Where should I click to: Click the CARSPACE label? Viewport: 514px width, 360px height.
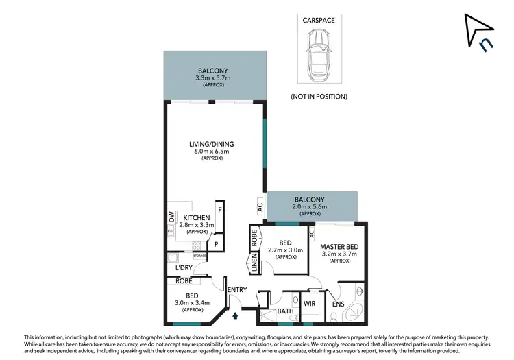(x=318, y=21)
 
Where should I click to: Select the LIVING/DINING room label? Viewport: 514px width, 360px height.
(x=212, y=144)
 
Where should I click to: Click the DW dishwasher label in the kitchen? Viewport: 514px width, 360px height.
(x=171, y=217)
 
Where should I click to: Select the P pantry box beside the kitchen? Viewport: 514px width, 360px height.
(x=216, y=243)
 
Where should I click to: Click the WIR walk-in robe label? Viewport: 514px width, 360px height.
(x=308, y=302)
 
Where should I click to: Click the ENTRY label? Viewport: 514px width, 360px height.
(x=236, y=290)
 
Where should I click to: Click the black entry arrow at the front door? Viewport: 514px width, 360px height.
(x=236, y=316)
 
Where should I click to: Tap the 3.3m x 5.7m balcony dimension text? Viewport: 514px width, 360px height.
(x=213, y=78)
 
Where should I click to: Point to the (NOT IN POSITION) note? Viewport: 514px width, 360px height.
(x=319, y=96)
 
